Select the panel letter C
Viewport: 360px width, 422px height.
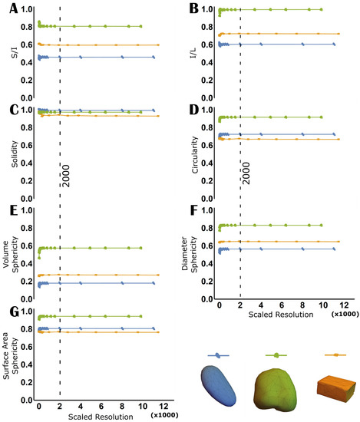[x=8, y=108]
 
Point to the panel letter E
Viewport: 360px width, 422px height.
[x=8, y=209]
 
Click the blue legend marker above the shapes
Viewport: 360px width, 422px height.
[x=218, y=355]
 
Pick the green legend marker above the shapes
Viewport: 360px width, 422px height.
[x=276, y=355]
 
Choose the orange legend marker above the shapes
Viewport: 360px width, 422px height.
[x=335, y=355]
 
